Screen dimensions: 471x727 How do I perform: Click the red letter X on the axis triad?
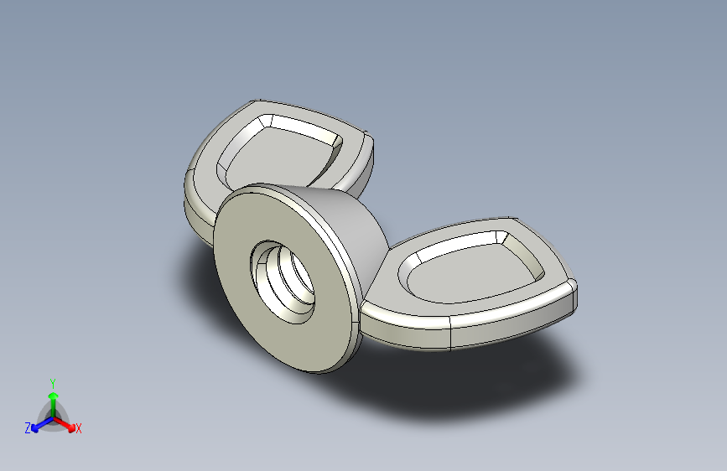pos(79,428)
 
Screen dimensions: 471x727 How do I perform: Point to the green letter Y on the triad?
pos(52,380)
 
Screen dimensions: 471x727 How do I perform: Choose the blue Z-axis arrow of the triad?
pos(39,425)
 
